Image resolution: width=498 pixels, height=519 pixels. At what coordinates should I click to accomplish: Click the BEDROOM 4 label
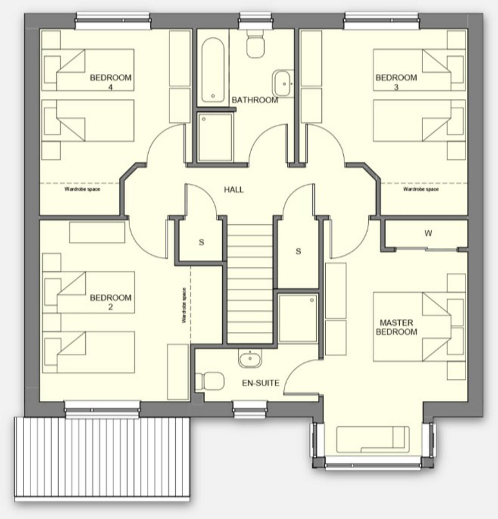coord(111,82)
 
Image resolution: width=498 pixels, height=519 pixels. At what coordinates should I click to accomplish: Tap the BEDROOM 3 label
coord(396,82)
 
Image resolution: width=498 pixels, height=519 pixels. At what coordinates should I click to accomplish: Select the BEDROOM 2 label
coord(111,302)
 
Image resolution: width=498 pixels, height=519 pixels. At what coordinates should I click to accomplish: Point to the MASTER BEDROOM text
coord(397,327)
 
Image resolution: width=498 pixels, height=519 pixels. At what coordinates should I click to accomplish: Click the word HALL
coord(234,190)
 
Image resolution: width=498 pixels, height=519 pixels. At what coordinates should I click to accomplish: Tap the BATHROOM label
coord(255,100)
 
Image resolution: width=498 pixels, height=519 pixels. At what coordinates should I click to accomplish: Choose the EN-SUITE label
coord(261,383)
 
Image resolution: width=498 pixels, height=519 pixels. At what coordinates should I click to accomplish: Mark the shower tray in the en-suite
coord(298,318)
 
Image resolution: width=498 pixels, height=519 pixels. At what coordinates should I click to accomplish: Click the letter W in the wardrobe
coord(428,233)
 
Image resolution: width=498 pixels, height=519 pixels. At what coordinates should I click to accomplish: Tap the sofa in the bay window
coord(373,439)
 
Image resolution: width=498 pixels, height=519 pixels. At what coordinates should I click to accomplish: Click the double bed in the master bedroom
coord(412,327)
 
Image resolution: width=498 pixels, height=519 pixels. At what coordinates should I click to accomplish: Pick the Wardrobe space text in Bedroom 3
coord(421,189)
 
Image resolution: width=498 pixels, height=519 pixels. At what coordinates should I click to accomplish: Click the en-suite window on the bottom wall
coord(250,409)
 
